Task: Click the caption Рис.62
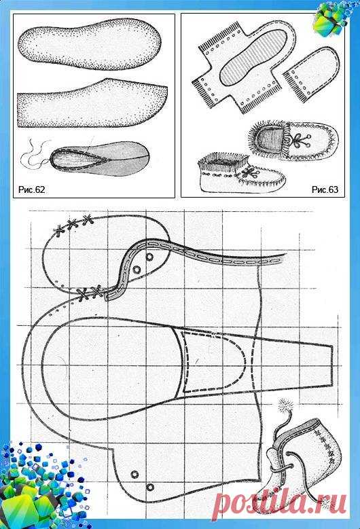click(31, 189)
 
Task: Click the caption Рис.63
click(325, 189)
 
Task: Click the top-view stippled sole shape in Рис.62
click(89, 45)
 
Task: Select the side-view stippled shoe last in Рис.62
click(92, 103)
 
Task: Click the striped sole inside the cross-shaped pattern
click(253, 56)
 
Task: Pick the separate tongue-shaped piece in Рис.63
click(310, 74)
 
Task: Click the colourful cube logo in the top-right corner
click(334, 16)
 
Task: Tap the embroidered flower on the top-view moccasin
click(300, 139)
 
